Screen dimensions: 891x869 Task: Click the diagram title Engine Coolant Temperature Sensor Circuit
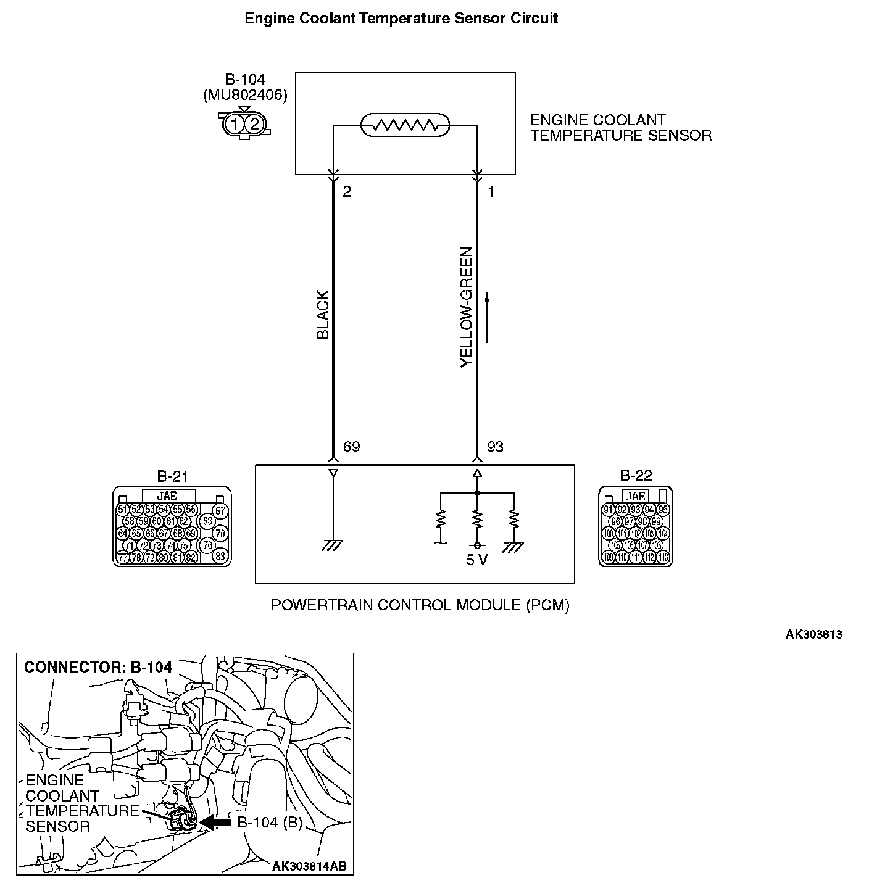tap(401, 19)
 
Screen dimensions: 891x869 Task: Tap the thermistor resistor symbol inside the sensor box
tap(405, 126)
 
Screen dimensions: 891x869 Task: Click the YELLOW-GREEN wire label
tap(467, 307)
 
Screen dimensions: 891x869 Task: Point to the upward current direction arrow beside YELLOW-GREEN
tap(488, 317)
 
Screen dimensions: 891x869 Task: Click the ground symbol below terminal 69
tap(333, 545)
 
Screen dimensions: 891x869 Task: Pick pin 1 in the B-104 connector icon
tap(235, 125)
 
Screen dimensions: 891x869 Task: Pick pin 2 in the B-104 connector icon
tap(254, 125)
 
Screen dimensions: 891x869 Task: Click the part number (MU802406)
tap(245, 95)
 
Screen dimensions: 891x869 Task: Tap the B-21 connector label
tap(172, 476)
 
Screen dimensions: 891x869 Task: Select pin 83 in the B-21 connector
tap(220, 556)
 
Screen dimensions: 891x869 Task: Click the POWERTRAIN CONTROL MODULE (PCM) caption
tap(420, 605)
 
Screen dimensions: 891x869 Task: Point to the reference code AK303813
tap(813, 634)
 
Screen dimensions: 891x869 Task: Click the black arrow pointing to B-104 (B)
tap(216, 823)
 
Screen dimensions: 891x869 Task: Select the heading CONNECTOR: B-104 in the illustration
tap(98, 667)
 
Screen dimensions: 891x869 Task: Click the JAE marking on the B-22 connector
tap(635, 496)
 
